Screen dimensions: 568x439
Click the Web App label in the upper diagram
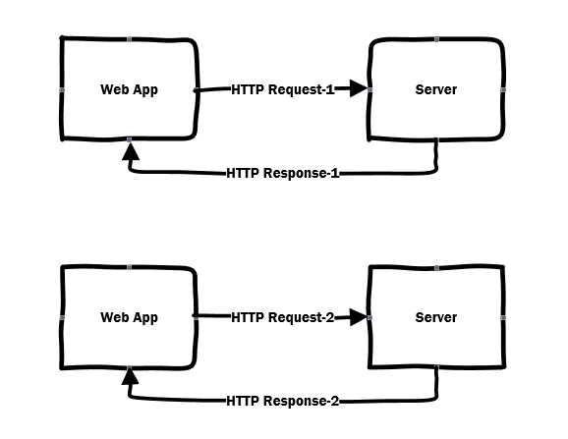[x=129, y=89]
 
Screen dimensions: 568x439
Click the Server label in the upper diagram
[x=436, y=89]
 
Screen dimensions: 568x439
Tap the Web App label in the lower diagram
[x=129, y=318]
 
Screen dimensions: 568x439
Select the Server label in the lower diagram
[x=436, y=317]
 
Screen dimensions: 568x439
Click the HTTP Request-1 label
[x=283, y=89]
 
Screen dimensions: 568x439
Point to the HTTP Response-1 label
[x=283, y=173]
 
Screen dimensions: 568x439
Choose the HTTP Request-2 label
[x=283, y=317]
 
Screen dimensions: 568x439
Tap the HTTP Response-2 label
[x=283, y=401]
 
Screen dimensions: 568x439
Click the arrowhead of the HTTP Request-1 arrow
[x=359, y=88]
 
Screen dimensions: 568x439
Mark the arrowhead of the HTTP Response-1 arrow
[x=131, y=151]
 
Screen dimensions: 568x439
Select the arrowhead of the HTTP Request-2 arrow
[x=359, y=317]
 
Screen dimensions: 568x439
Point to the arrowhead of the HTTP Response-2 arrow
[x=130, y=376]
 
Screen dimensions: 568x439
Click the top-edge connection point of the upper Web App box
[x=130, y=39]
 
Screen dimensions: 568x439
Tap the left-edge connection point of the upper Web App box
[x=62, y=89]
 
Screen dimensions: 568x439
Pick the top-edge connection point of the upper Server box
[x=437, y=39]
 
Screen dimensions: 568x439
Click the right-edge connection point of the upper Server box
[x=503, y=89]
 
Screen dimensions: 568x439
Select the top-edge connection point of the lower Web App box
[x=130, y=267]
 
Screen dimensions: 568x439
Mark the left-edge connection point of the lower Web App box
[x=62, y=318]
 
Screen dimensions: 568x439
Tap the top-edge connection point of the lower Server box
[x=437, y=267]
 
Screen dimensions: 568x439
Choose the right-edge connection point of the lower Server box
[x=503, y=317]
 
